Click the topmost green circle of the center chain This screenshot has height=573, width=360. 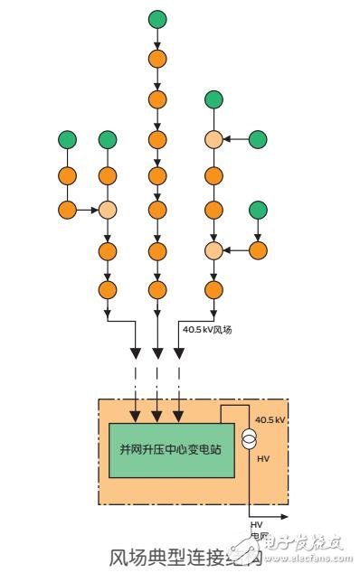pos(158,18)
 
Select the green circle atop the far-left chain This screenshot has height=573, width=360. pos(67,139)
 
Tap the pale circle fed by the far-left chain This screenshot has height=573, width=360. pos(108,211)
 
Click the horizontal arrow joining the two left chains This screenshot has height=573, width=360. pos(87,211)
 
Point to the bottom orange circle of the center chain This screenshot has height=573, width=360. pos(158,290)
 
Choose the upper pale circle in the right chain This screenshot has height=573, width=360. pos(213,139)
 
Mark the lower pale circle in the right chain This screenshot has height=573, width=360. pos(213,250)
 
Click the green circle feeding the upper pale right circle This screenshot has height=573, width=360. pos(258,139)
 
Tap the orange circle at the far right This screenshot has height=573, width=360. pos(258,250)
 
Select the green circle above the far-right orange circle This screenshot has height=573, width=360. pos(258,211)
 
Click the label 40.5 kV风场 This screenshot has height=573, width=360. pos(207,330)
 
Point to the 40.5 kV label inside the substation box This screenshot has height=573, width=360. pos(270,421)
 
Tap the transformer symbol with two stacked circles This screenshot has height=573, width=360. pos(249,438)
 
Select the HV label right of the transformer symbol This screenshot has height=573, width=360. pos(264,459)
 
